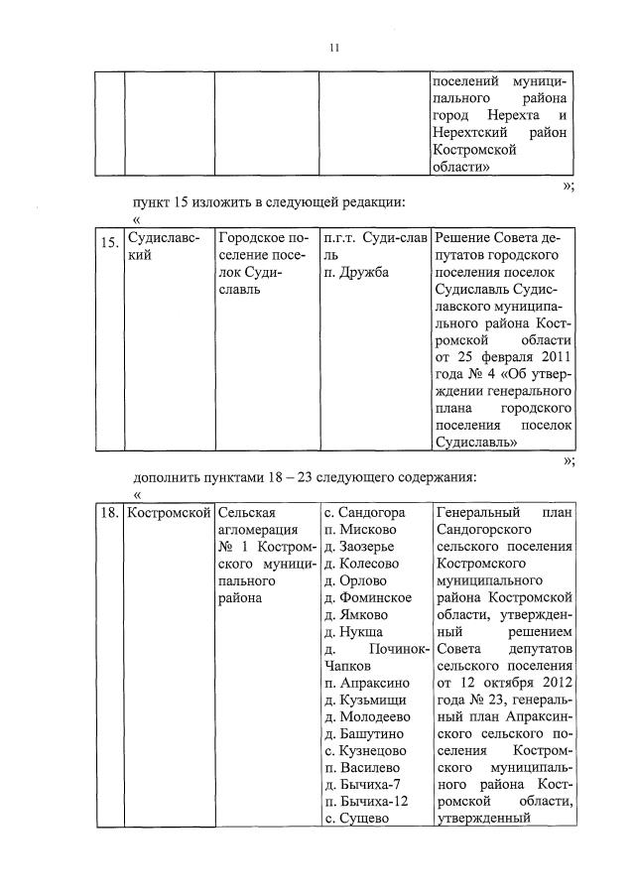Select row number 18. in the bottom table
tap(109, 514)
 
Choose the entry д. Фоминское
tap(367, 598)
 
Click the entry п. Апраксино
tap(366, 684)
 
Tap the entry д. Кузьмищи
tap(364, 701)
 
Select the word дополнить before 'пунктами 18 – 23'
tap(171, 476)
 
